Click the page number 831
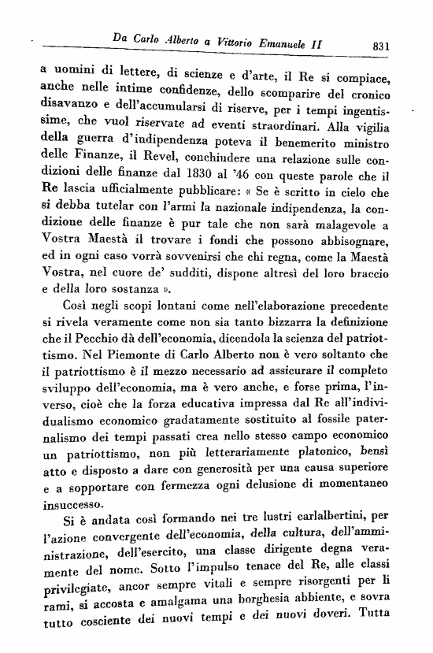[383, 46]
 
